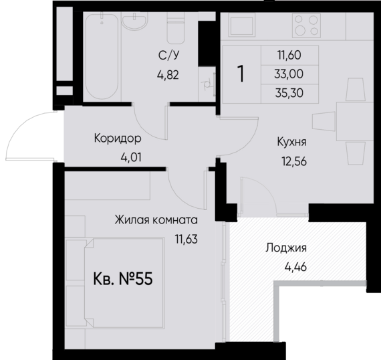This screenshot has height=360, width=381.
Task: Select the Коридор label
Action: click(x=118, y=139)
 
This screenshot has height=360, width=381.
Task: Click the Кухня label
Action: click(x=291, y=143)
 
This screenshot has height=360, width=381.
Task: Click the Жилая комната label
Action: click(x=156, y=219)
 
